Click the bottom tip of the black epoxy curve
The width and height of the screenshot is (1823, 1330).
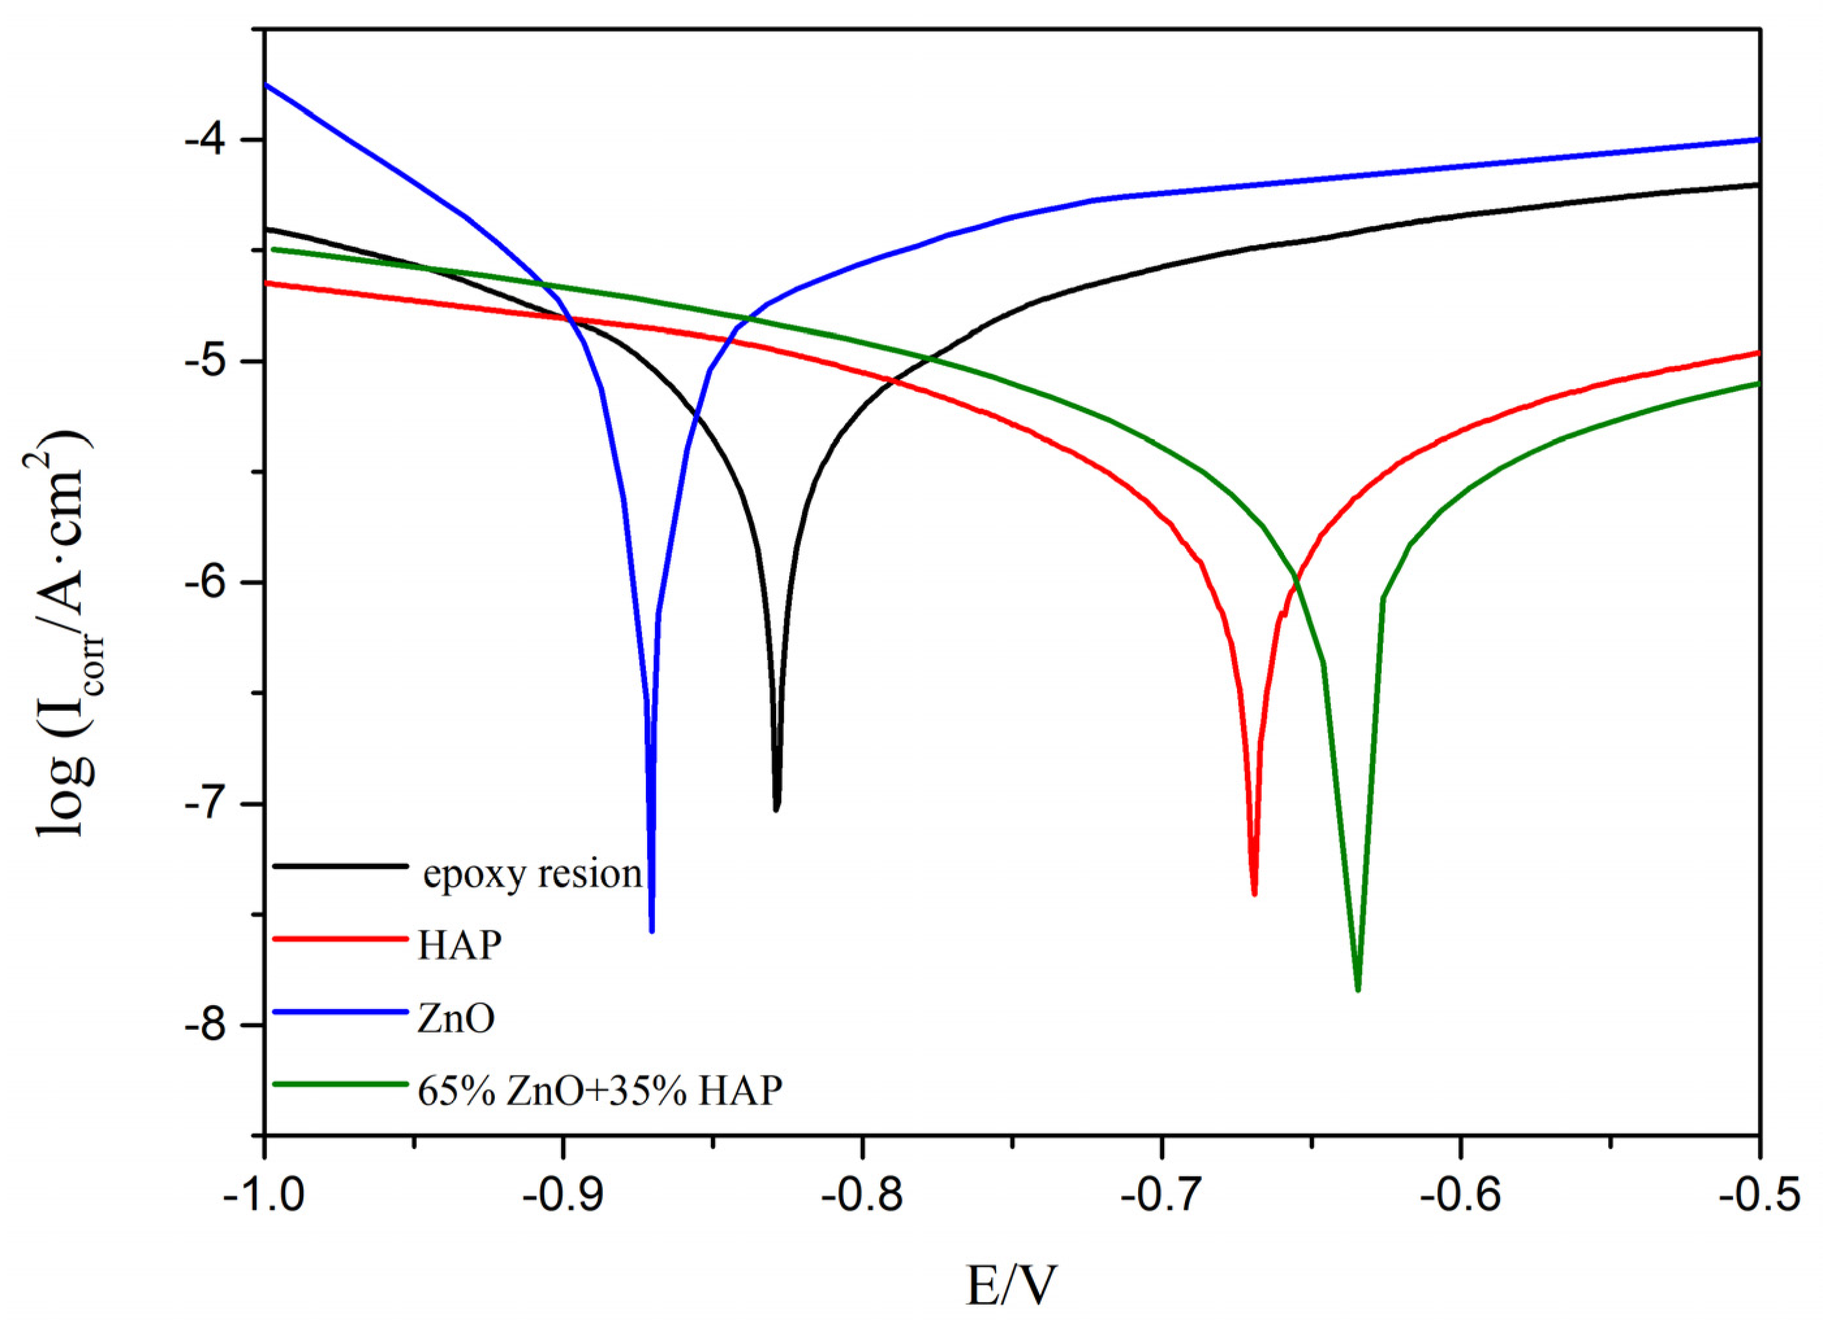click(776, 809)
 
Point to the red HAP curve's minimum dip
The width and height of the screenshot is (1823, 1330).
click(1254, 893)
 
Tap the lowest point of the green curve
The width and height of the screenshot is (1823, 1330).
click(1357, 990)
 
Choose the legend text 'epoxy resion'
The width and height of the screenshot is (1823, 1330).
click(532, 874)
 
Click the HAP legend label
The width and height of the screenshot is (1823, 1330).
click(460, 945)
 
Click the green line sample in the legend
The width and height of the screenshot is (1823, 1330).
click(341, 1084)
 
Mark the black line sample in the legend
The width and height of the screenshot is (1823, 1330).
click(341, 866)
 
